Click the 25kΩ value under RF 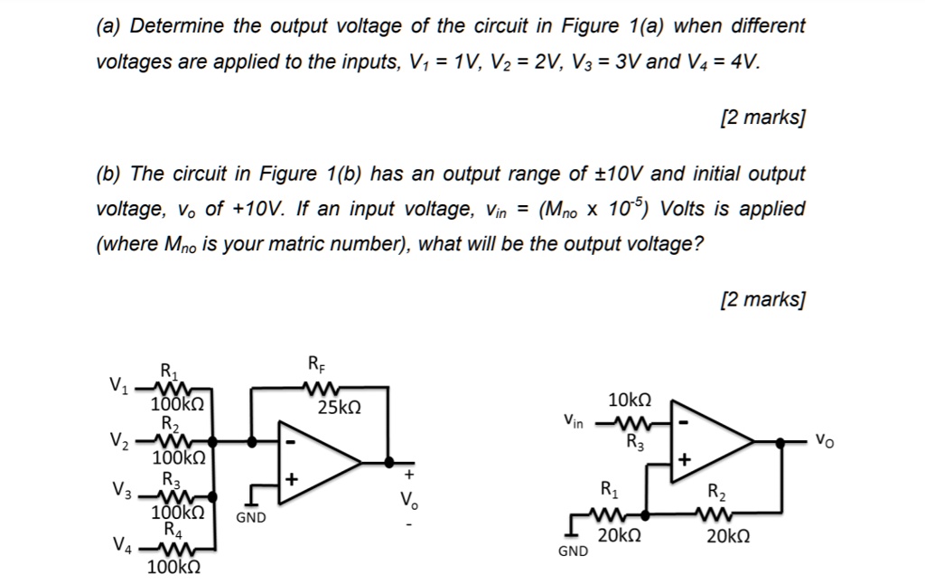(x=340, y=408)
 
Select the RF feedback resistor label (x=317, y=365)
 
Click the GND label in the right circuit (x=572, y=550)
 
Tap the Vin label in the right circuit (x=573, y=420)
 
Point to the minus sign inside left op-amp (x=291, y=443)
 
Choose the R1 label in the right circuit (x=609, y=492)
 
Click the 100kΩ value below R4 (x=173, y=568)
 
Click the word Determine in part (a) (x=178, y=25)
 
